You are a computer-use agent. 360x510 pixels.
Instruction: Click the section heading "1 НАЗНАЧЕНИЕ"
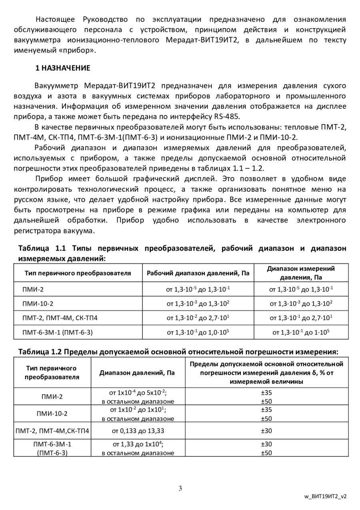point(63,68)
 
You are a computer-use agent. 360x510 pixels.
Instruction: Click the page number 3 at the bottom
point(180,488)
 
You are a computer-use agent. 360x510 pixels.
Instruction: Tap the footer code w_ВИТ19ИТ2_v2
point(325,496)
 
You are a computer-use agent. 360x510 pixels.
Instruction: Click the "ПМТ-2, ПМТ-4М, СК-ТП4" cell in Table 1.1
point(60,318)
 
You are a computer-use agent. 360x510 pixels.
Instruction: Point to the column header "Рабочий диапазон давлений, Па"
point(198,273)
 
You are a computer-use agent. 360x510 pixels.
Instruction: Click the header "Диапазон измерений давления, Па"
point(301,273)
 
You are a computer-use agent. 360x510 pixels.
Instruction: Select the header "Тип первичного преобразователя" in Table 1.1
point(78,273)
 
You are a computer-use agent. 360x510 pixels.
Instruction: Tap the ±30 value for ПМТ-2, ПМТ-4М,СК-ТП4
point(266,431)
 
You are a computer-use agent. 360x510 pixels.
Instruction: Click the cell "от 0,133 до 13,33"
point(138,431)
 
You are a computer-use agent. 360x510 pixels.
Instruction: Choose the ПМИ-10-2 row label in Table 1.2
point(52,414)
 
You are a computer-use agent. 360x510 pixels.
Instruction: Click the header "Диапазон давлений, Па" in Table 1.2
point(137,373)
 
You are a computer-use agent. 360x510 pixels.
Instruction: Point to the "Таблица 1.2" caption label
point(39,352)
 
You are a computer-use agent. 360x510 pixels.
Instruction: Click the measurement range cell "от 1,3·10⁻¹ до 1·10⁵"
point(301,332)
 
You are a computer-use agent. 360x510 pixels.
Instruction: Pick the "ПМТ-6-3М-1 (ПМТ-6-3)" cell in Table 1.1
point(60,332)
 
